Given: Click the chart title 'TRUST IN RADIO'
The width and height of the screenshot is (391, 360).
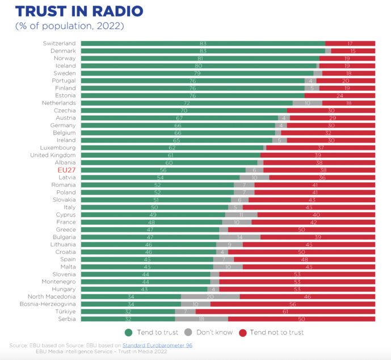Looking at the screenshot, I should pos(79,11).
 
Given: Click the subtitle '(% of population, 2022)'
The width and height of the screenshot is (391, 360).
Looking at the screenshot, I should pos(69,26).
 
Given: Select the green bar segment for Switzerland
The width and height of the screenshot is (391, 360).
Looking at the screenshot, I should pos(203,44).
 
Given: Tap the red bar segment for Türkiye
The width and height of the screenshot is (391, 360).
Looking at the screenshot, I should pos(285,312).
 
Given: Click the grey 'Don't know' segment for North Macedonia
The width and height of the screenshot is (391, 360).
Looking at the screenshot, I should pos(210,296).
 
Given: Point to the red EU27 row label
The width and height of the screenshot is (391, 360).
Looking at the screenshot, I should pos(66,170).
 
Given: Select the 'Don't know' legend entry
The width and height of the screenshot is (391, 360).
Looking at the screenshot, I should pos(209,332).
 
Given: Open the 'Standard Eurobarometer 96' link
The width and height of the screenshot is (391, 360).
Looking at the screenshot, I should pos(157,345).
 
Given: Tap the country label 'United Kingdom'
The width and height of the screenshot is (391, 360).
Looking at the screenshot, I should pos(53,155).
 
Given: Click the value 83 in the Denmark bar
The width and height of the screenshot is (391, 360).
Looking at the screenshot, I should pos(203,51).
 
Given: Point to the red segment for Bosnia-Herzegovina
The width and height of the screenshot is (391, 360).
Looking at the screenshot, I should pos(292,304).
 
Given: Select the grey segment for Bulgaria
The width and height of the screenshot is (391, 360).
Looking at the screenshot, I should pos(239,237).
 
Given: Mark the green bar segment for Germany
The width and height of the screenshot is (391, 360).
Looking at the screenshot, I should pos(178,125).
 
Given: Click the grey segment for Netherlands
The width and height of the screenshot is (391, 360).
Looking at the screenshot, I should pos(307,103).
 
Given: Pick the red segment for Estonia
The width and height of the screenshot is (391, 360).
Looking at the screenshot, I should pos(340,95).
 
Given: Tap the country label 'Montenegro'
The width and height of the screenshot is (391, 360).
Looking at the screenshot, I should pos(58,282).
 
